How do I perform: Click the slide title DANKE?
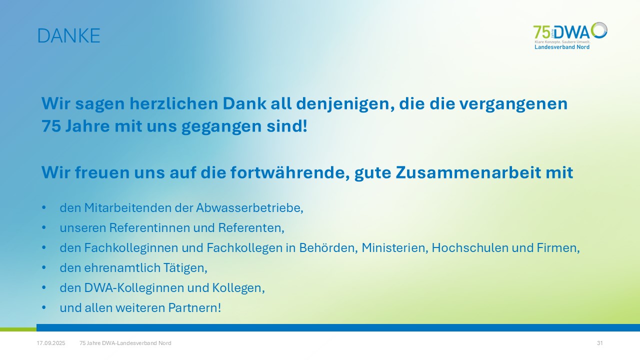(69, 35)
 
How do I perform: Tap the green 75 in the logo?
(541, 32)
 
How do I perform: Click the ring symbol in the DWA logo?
(599, 30)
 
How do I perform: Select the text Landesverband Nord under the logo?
(562, 47)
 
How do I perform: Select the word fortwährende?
(290, 172)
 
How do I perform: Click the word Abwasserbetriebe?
(249, 208)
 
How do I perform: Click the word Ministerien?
(395, 248)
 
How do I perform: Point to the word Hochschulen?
(470, 248)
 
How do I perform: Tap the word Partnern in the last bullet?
(193, 308)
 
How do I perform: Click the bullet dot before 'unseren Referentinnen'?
(43, 227)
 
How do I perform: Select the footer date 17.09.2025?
(51, 343)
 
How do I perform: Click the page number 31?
(599, 343)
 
